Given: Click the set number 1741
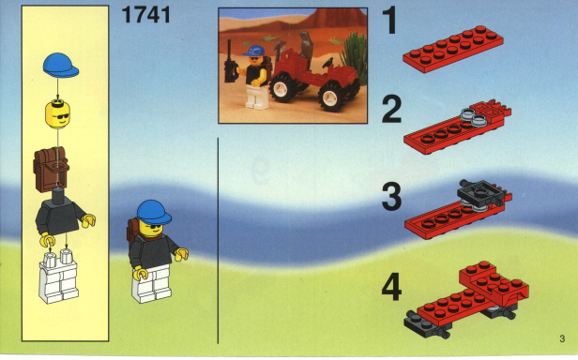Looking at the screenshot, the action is (x=146, y=15).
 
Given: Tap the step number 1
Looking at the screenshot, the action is (x=390, y=21).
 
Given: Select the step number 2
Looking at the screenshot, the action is (x=391, y=109).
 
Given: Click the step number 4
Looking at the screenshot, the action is (x=391, y=286).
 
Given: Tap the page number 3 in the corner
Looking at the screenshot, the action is (x=562, y=338).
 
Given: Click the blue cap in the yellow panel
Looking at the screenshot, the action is (x=61, y=66).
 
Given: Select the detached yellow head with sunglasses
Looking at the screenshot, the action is (x=57, y=114).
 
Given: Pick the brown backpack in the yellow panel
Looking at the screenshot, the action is (x=52, y=169).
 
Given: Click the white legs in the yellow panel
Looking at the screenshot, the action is (x=58, y=276).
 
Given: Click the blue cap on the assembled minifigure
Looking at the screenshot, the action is (x=154, y=212).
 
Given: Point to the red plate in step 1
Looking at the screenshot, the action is (x=453, y=49).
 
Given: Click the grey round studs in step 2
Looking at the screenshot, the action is (x=474, y=115).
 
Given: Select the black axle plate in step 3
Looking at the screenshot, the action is (x=480, y=193).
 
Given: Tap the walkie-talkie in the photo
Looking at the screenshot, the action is (x=231, y=63).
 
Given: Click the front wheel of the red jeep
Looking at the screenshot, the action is (x=330, y=97).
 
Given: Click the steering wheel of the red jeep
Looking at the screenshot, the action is (x=327, y=63).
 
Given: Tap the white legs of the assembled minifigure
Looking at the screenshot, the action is (x=151, y=283).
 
